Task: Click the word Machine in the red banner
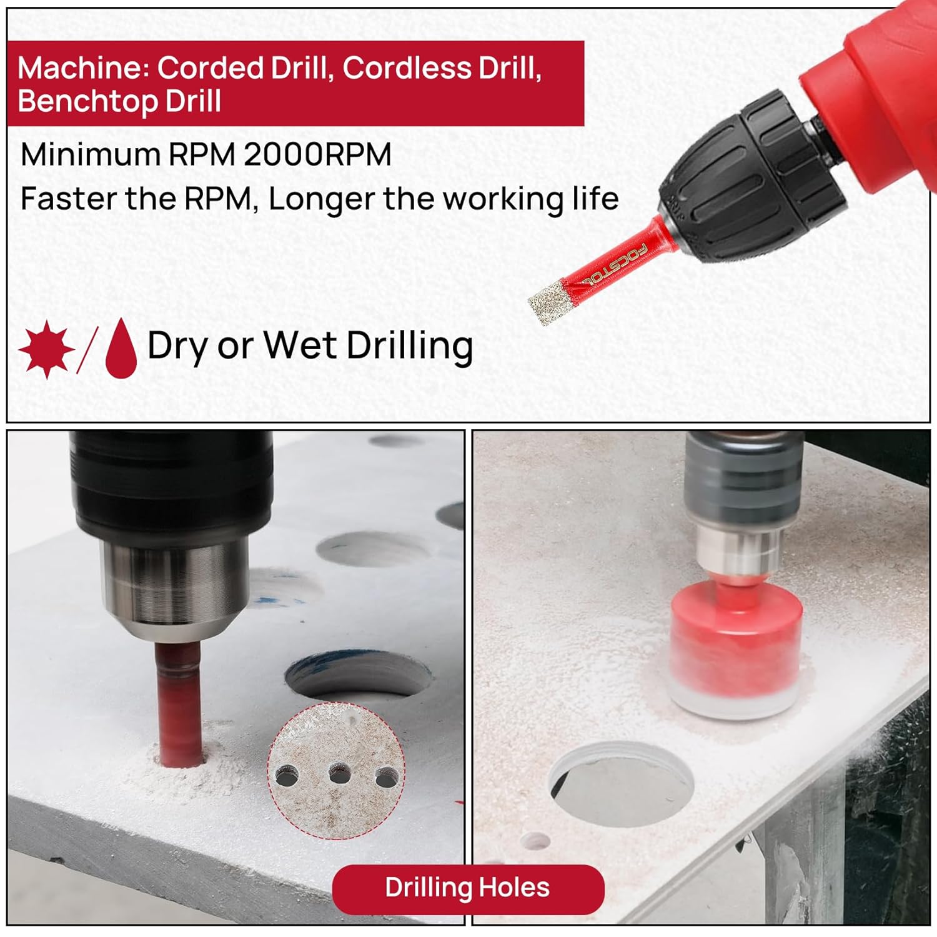pyautogui.click(x=84, y=67)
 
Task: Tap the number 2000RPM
pyautogui.click(x=317, y=154)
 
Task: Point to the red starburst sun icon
pyautogui.click(x=47, y=349)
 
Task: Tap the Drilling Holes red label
pyautogui.click(x=468, y=888)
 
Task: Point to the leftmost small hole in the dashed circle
pyautogui.click(x=287, y=776)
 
